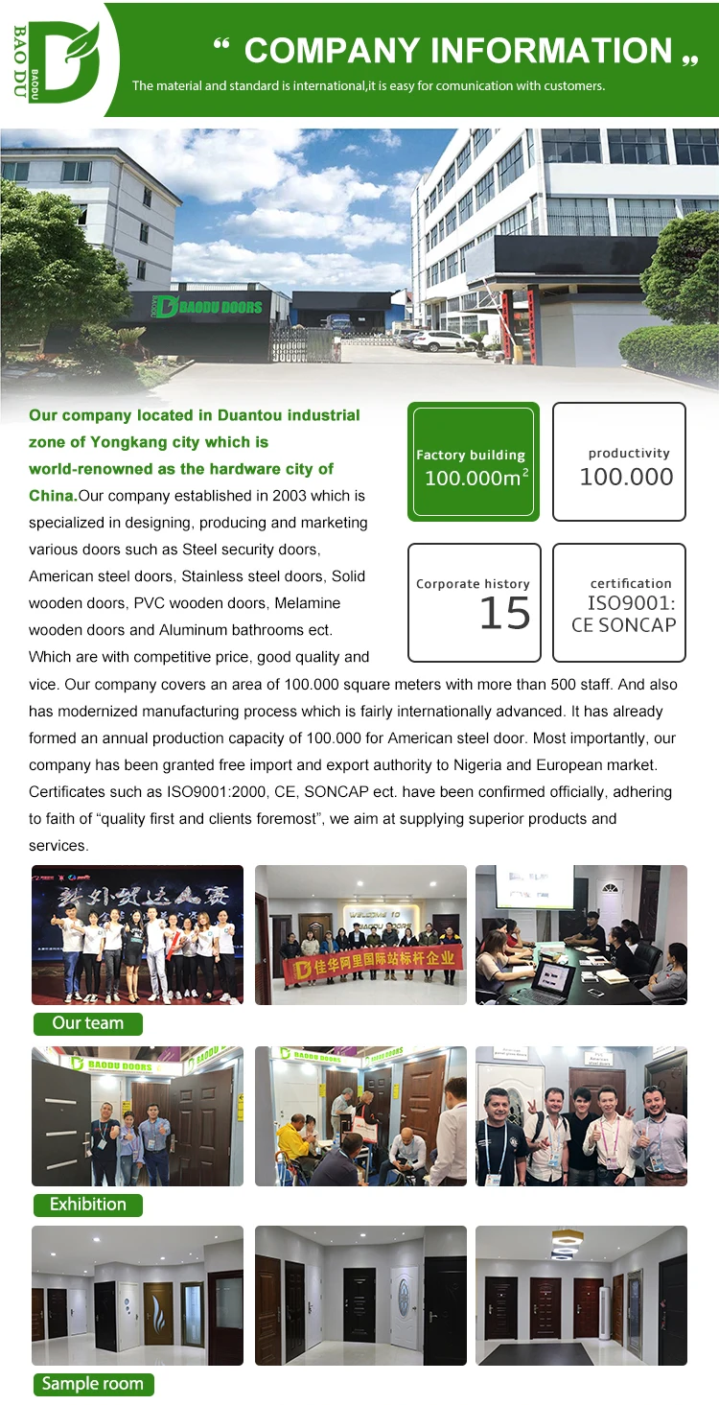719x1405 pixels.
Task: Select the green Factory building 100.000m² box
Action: [x=474, y=462]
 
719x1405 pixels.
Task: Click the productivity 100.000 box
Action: [x=619, y=462]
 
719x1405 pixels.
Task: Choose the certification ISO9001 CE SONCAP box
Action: [x=619, y=603]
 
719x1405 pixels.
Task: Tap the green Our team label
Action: [x=87, y=1023]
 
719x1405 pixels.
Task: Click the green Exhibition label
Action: [x=87, y=1205]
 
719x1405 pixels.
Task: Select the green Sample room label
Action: [x=92, y=1384]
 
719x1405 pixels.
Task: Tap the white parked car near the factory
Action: [x=438, y=340]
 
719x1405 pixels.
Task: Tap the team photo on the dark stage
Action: [x=137, y=934]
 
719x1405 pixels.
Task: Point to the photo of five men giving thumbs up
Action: [x=581, y=1116]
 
